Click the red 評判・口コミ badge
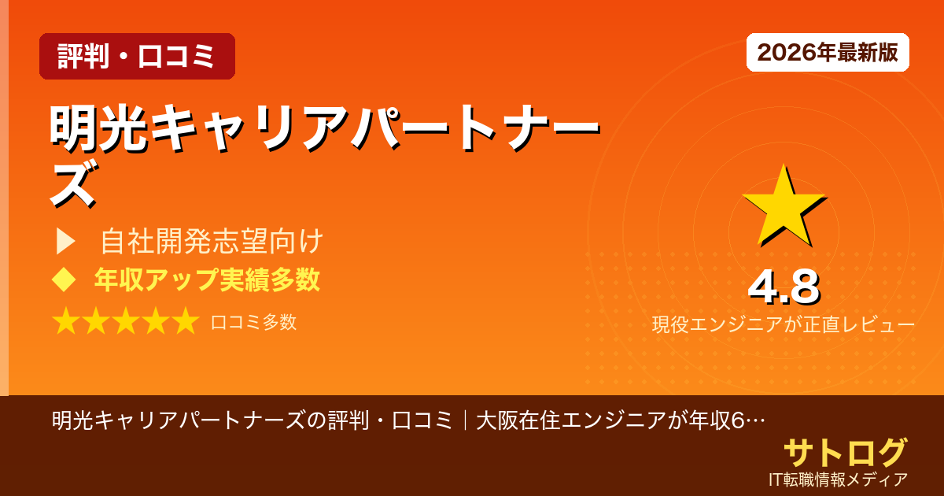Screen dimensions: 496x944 coord(137,56)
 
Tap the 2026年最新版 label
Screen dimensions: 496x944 coord(828,53)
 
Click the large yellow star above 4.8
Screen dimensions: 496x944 coord(783,206)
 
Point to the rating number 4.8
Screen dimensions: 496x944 coord(784,288)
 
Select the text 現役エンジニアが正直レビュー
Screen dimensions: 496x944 coord(783,325)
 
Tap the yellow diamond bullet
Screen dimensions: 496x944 coord(63,279)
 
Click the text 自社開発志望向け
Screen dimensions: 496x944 coord(212,242)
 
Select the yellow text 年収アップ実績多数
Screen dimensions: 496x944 coord(207,279)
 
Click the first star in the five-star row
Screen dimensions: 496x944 coord(66,321)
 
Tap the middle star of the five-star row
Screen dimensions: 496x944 coord(125,321)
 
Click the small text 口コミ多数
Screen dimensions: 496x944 coord(253,322)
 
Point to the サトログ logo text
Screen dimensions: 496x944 coord(845,453)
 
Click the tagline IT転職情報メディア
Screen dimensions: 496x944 coord(839,479)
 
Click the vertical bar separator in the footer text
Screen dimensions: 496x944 coord(466,420)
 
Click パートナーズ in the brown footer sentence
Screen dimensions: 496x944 coord(238,420)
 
